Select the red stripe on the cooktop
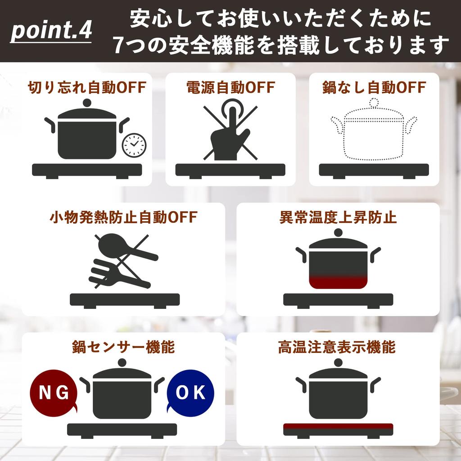point(338,426)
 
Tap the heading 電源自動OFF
point(230,87)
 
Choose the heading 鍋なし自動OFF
point(374,87)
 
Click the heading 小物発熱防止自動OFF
point(123,217)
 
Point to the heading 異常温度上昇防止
point(338,217)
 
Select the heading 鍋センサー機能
point(123,347)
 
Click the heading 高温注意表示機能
point(338,347)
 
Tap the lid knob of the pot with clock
point(87,103)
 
